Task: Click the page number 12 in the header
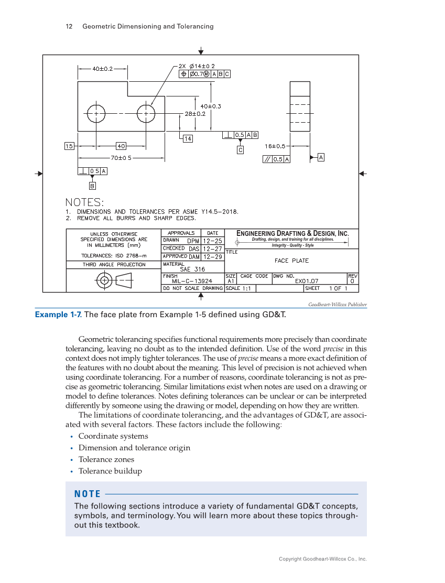coord(69,26)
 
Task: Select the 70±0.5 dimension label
coord(121,157)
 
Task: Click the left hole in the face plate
coord(96,113)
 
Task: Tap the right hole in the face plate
coord(146,113)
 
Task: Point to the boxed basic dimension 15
coord(69,146)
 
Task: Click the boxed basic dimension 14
coord(187,138)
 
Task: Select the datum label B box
coord(92,186)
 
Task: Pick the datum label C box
coord(240,150)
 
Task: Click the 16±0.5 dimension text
coord(275,146)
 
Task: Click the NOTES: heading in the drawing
coord(84,202)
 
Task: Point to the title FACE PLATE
coord(291,261)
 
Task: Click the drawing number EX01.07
coord(307,281)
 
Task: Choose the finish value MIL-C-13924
coord(188,281)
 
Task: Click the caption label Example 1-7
coord(58,315)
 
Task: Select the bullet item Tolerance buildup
coord(110,471)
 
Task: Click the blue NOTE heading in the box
coord(87,494)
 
